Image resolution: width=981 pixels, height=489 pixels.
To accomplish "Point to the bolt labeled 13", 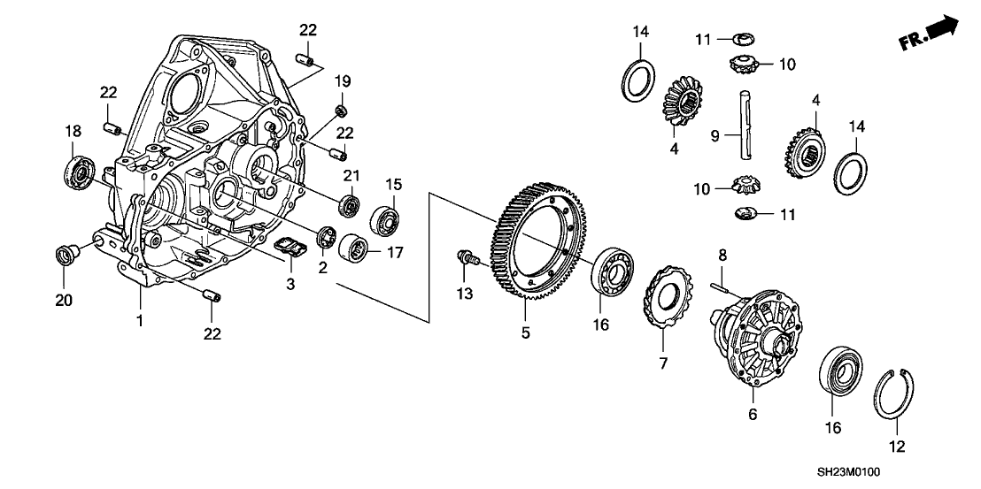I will pyautogui.click(x=463, y=257).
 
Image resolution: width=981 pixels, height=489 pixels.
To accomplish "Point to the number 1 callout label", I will pyautogui.click(x=138, y=321).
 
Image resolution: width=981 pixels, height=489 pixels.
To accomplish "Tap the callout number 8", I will pyautogui.click(x=722, y=256).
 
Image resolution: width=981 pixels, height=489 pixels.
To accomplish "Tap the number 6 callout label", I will pyautogui.click(x=753, y=412).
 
